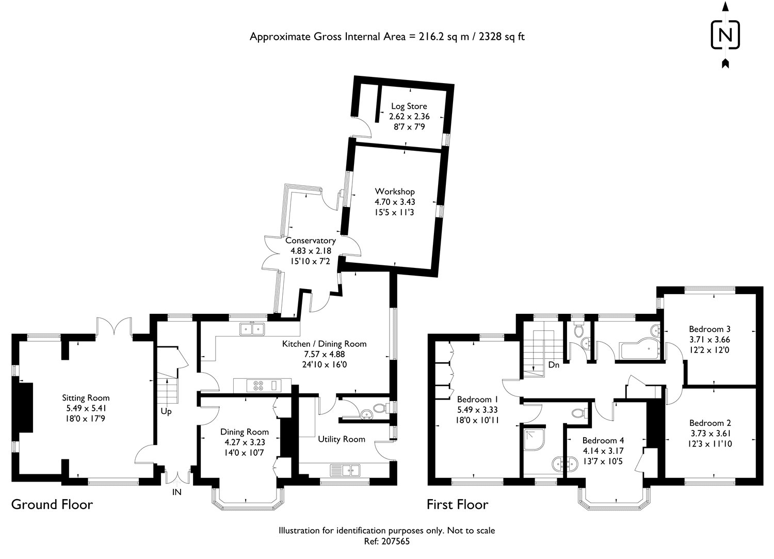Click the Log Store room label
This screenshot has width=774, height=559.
click(409, 106)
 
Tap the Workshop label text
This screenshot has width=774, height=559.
click(395, 191)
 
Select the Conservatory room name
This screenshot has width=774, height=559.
click(310, 240)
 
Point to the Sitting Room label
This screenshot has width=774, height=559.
click(86, 398)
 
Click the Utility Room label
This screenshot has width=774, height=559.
click(342, 439)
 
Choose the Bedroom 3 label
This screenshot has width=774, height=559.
click(709, 329)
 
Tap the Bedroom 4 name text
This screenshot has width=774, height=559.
click(603, 440)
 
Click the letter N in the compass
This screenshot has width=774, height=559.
click(725, 35)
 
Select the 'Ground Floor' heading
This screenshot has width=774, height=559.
click(52, 505)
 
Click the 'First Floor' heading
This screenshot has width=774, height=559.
click(458, 505)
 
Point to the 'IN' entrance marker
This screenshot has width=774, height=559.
click(177, 492)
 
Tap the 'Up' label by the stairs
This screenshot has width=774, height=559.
click(166, 412)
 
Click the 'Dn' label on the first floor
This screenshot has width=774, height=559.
click(554, 365)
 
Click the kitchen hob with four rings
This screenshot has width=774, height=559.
click(258, 386)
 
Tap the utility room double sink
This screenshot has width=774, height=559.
click(345, 470)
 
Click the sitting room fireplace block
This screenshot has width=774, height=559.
click(23, 407)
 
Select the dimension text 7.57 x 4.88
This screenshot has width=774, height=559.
click(325, 354)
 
